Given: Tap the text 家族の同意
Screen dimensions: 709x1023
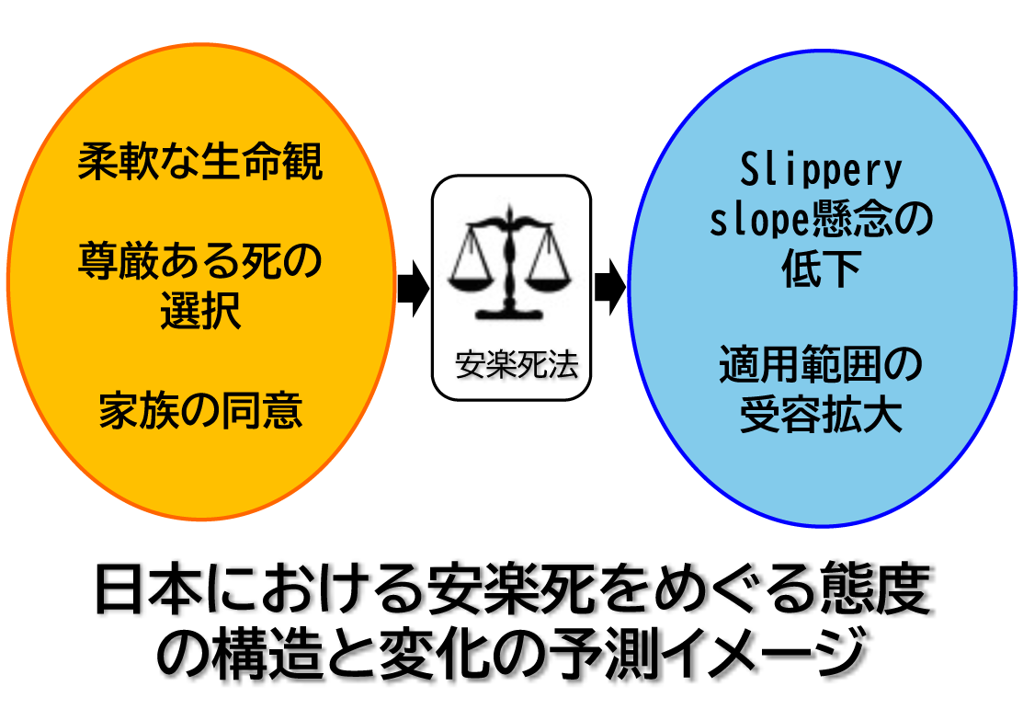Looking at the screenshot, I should point(200,410).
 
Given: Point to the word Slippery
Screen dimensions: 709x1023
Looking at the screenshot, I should point(821,171).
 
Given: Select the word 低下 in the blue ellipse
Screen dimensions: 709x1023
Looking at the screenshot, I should point(821,270).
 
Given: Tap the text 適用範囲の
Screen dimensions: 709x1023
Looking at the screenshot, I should point(821,367).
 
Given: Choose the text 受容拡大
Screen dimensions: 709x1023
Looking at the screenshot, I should point(821,417).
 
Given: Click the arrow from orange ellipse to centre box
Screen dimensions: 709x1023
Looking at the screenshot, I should point(413,288).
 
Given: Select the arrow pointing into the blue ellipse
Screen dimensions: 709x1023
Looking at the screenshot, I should point(609,288).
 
